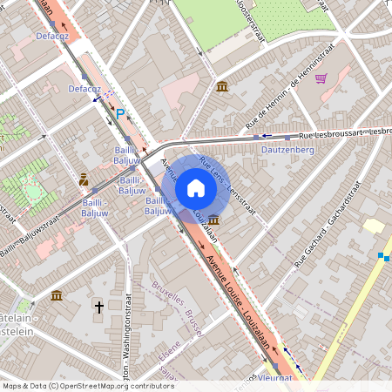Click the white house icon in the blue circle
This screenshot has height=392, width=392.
[x=196, y=187]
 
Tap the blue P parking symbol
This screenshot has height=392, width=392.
[x=120, y=113]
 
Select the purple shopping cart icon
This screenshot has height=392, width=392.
[x=321, y=78]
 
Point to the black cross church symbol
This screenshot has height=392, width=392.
[x=99, y=307]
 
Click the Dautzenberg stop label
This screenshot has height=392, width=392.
[x=287, y=150]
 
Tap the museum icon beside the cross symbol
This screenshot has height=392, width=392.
[x=57, y=295]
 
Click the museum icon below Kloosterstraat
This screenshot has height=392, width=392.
[x=221, y=86]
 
